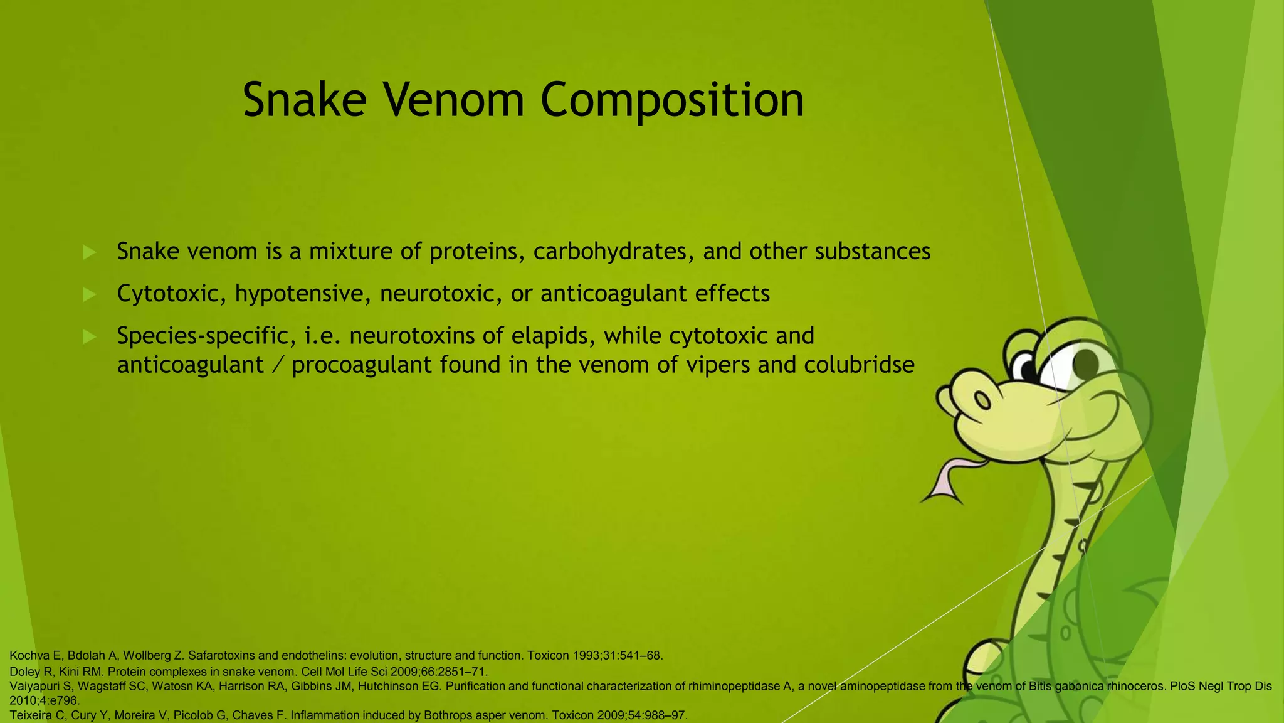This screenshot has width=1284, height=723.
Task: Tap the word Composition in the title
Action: [672, 100]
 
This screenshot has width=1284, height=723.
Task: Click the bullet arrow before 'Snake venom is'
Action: [89, 252]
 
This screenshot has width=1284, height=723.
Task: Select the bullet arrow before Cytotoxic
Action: [89, 294]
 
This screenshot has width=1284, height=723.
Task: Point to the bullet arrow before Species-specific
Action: [89, 337]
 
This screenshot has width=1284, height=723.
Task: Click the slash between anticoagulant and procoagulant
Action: [278, 365]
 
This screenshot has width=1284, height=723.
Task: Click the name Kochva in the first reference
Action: [29, 656]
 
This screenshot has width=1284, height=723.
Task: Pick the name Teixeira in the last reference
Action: [31, 715]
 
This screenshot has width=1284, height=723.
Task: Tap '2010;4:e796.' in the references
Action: [45, 700]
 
